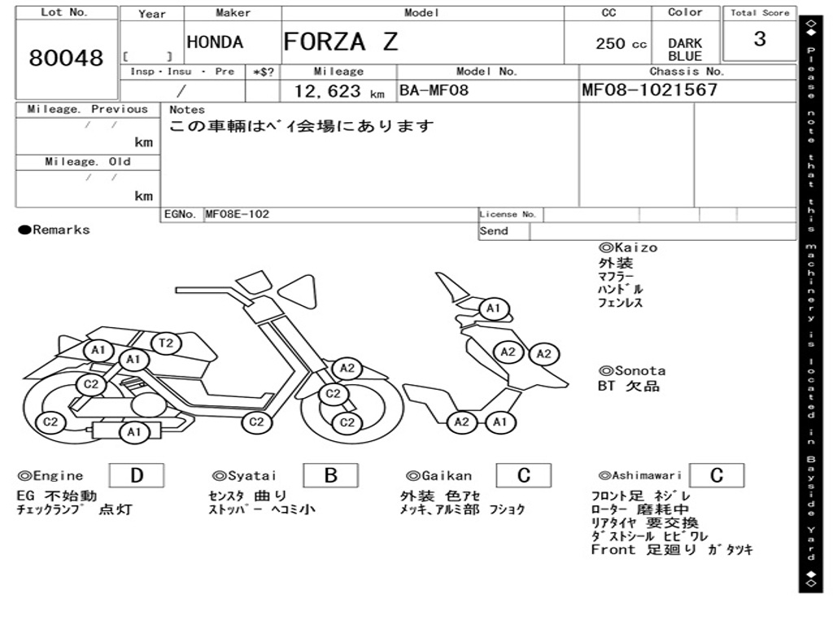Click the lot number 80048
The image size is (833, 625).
[x=67, y=59]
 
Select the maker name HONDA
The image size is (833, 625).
[x=215, y=42]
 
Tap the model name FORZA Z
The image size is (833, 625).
[x=341, y=42]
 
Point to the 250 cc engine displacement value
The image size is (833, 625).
[x=621, y=44]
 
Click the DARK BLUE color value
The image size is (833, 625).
[x=685, y=50]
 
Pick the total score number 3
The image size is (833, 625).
[x=759, y=39]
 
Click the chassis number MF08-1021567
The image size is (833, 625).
[x=649, y=90]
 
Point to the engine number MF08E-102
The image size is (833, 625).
[x=237, y=215]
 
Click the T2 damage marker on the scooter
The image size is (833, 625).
[x=166, y=343]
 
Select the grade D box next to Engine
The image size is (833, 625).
[x=136, y=475]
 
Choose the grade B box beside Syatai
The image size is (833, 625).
[x=330, y=475]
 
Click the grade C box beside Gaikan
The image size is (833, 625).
[x=523, y=475]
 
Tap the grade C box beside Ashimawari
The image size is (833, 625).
[x=716, y=475]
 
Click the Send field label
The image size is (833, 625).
[x=494, y=231]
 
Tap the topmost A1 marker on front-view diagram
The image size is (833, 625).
[x=493, y=309]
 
